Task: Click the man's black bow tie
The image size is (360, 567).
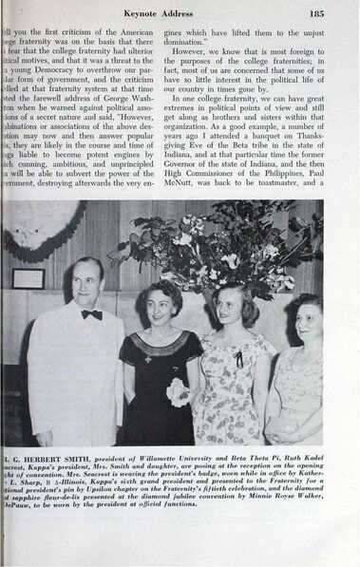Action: [x=91, y=313]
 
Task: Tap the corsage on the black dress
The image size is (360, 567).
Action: [x=178, y=390]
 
